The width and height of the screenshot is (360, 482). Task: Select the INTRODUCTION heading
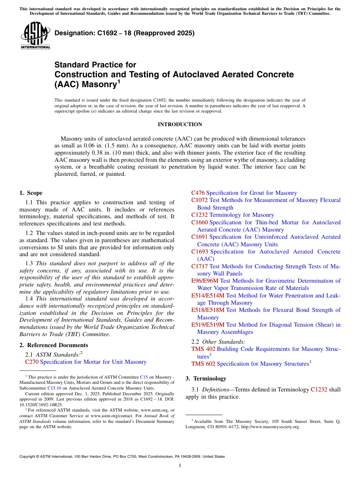pyautogui.click(x=180, y=124)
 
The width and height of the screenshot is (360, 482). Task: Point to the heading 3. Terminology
pyautogui.click(x=206, y=379)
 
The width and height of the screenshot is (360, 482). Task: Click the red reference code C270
pyautogui.click(x=32, y=362)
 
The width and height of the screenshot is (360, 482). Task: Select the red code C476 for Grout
pyautogui.click(x=198, y=193)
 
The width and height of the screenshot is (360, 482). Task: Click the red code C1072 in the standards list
pyautogui.click(x=199, y=200)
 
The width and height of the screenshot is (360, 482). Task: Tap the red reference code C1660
pyautogui.click(x=199, y=222)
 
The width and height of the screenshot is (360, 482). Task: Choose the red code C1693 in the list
pyautogui.click(x=199, y=252)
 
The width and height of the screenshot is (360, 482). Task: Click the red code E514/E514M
pyautogui.click(x=208, y=296)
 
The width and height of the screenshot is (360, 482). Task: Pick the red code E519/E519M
pyautogui.click(x=208, y=325)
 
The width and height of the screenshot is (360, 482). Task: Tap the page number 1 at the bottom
pyautogui.click(x=180, y=466)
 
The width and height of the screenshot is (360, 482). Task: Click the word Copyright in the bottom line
pyautogui.click(x=28, y=457)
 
